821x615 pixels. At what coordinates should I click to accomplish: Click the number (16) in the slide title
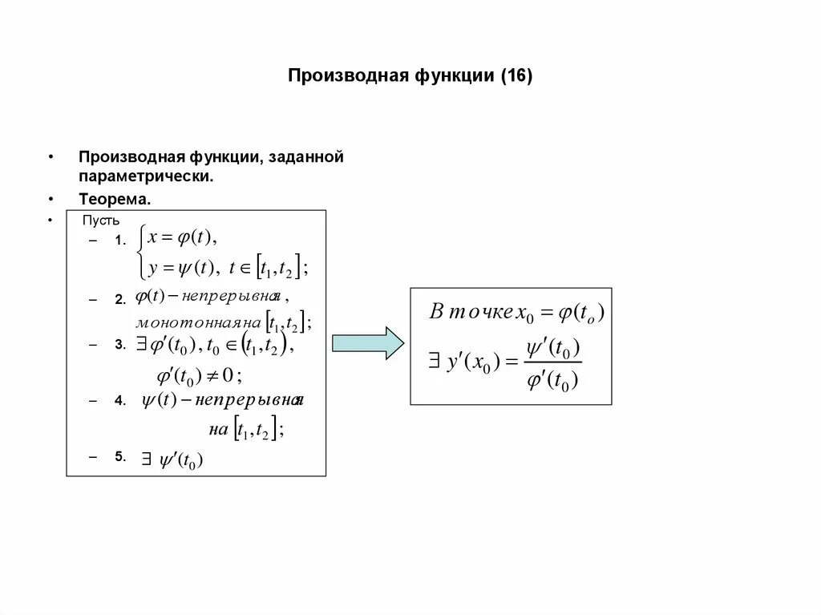(x=516, y=76)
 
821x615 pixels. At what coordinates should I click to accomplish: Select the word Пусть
(x=101, y=220)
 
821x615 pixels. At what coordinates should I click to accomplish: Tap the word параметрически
(x=146, y=174)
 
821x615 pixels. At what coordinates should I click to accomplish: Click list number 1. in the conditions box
(x=120, y=240)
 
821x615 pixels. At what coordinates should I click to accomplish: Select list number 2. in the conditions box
(x=120, y=299)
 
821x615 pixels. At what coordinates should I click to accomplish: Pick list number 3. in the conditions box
(x=120, y=344)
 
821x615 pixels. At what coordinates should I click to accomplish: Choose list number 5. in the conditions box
(x=120, y=455)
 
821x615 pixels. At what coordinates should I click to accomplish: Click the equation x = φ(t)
(x=183, y=237)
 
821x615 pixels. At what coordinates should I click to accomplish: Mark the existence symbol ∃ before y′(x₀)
(x=434, y=362)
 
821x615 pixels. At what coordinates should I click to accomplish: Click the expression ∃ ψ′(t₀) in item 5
(x=173, y=459)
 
